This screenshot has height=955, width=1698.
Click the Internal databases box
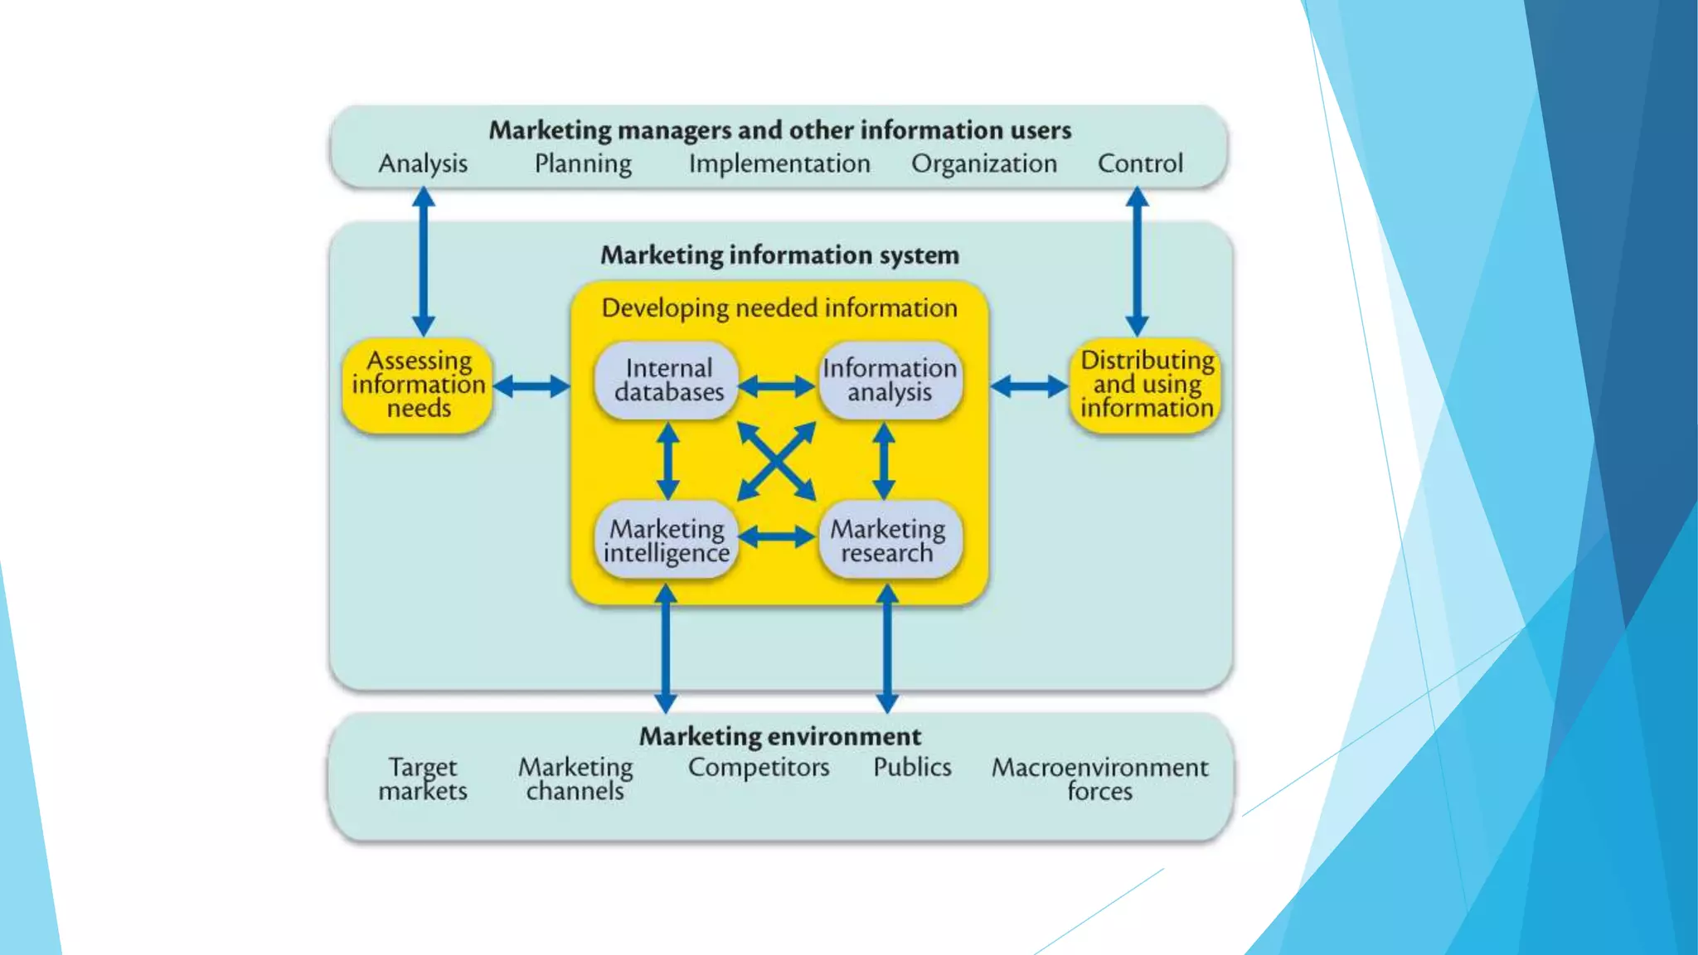point(667,381)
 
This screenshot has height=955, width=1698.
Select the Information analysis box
point(890,381)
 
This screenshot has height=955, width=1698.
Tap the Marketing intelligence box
point(667,541)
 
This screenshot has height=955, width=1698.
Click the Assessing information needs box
point(418,385)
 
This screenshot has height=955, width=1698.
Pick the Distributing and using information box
point(1146,385)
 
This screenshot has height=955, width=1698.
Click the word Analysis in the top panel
point(423,163)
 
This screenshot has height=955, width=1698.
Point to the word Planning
point(583,163)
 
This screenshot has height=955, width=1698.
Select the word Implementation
point(779,163)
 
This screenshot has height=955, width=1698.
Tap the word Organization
point(984,163)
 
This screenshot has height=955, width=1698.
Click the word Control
point(1140,163)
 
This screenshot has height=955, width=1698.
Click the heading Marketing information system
point(779,255)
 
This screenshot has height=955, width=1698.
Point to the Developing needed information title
point(779,308)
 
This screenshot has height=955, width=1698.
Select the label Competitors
point(759,768)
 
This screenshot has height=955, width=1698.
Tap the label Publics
point(912,767)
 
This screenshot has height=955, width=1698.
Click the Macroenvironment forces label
point(1099,778)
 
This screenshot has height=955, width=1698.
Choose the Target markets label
point(423,778)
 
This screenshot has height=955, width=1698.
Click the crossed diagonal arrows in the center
point(777,461)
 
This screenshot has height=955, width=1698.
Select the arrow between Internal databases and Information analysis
point(777,386)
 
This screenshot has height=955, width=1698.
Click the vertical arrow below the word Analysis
point(424,261)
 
